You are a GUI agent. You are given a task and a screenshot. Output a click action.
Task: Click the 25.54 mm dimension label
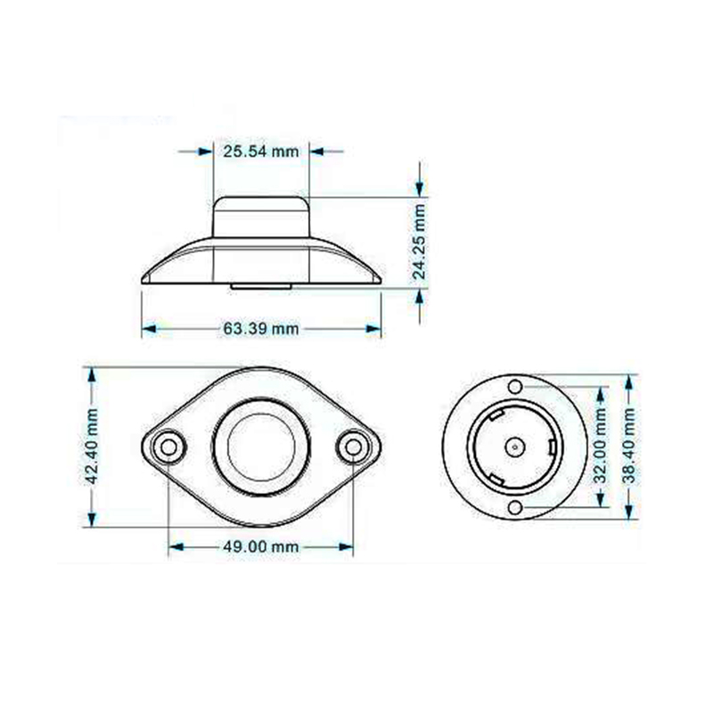coord(261,151)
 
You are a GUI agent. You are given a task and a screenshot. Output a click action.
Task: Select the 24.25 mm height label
coord(419,242)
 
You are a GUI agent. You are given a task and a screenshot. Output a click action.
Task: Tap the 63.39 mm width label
coord(261,328)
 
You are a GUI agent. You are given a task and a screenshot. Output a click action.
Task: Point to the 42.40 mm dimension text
coord(92,447)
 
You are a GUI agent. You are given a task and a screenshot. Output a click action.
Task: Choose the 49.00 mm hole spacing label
coord(261,546)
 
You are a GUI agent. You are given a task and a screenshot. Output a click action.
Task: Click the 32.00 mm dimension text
coord(600,446)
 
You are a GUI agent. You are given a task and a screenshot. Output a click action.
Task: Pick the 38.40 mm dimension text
coord(629,446)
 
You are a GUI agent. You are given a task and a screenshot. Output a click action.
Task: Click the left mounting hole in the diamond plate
coord(168,447)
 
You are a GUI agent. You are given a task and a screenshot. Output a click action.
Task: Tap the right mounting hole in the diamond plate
coord(353,447)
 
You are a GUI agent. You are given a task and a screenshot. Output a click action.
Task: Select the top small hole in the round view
coord(515,387)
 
